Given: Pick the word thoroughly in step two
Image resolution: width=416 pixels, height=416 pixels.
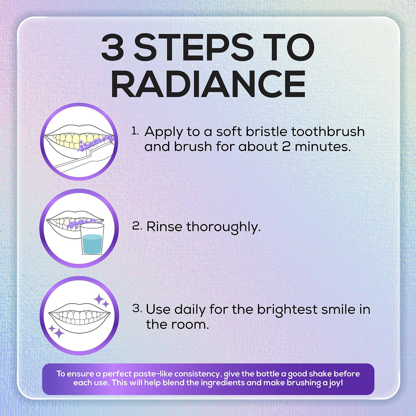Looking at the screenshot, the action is (224, 228).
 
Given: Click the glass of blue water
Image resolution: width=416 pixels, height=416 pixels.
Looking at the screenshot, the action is (93, 239).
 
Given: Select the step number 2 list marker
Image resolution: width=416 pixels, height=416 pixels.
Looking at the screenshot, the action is (137, 227).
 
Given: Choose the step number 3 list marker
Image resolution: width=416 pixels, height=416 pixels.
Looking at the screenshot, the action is (137, 308).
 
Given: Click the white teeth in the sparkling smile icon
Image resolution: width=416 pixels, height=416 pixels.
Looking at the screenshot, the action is (79, 314).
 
